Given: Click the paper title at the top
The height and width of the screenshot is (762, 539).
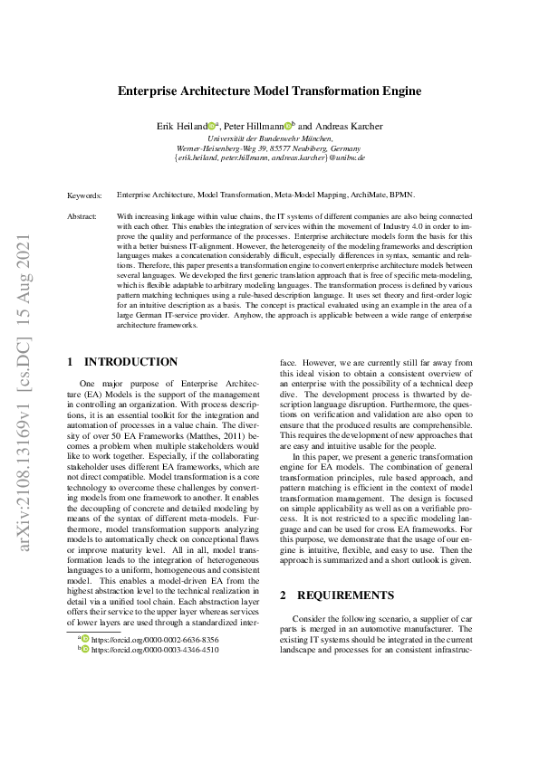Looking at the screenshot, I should tap(269, 91).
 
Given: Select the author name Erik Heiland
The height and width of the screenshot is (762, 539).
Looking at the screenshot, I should tap(182, 127).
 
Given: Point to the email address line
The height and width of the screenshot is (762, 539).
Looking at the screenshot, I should tap(269, 157).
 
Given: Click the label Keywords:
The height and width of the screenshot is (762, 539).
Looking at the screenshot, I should tap(84, 195).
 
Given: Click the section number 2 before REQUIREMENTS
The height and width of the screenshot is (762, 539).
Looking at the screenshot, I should tap(283, 571).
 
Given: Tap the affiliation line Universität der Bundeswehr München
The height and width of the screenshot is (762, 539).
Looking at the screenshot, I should tap(269, 138).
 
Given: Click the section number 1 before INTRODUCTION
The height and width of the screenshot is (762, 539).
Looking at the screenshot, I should tap(71, 362).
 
